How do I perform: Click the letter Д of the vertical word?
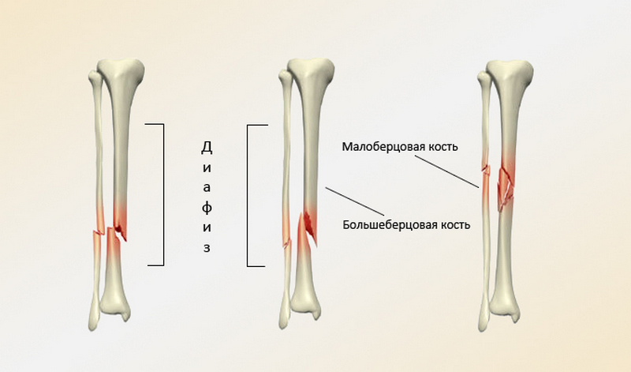click(206, 147)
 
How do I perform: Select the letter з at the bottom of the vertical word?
click(206, 247)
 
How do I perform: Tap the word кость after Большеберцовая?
click(453, 224)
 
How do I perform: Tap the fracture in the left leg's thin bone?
click(97, 233)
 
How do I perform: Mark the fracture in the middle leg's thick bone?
click(308, 227)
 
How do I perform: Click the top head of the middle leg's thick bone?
click(308, 70)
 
